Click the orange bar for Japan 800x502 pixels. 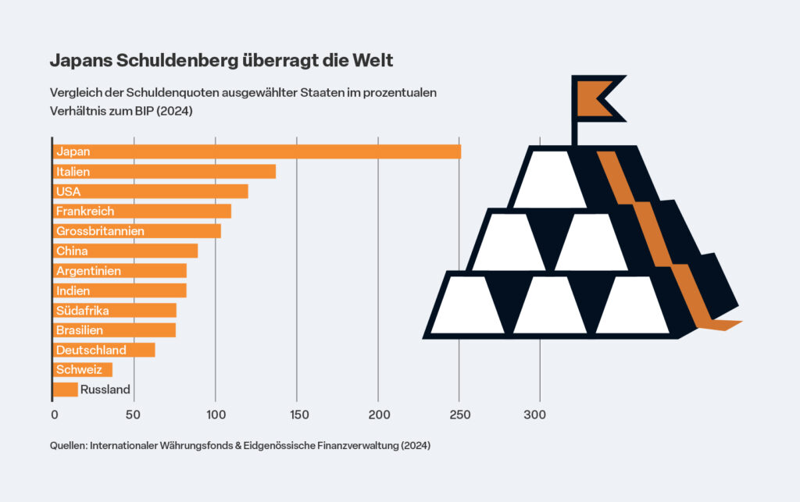coord(258,151)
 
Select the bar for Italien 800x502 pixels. coord(165,171)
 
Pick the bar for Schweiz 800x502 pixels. coord(83,369)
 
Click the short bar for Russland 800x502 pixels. coord(66,389)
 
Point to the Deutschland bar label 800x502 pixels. coord(91,350)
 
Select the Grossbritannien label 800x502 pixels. coord(100,231)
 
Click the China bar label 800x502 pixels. coord(72,251)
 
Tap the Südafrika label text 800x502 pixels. coord(82,310)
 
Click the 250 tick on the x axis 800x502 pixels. coord(459,415)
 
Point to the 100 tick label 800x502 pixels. coord(216,415)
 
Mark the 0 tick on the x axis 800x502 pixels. coord(54,415)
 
